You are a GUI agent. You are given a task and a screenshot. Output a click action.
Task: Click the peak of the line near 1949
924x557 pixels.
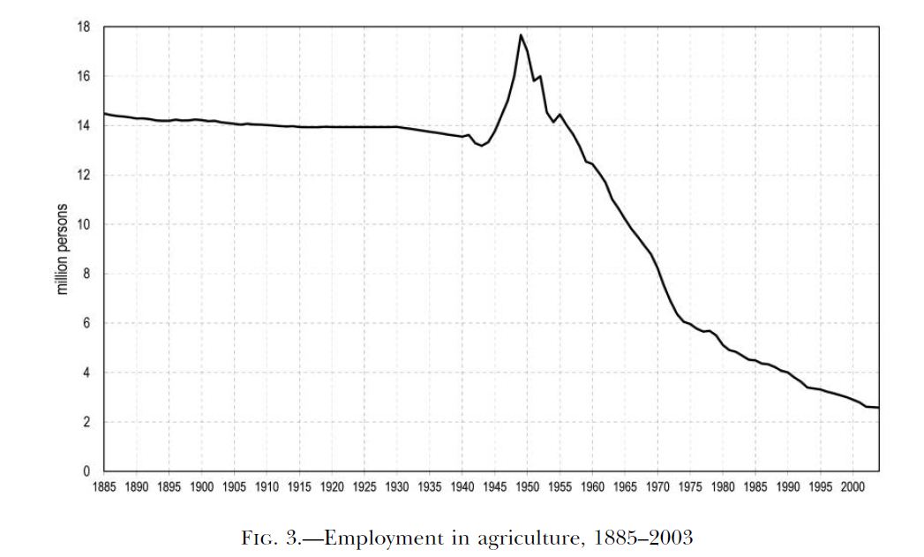click(521, 35)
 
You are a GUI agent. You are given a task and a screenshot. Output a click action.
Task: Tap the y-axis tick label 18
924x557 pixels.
click(85, 27)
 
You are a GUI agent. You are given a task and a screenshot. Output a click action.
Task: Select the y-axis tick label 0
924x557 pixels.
click(88, 471)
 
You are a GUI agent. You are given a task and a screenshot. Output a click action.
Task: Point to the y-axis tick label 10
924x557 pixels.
click(85, 225)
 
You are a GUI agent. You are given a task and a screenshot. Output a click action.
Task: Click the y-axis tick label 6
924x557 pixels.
click(88, 324)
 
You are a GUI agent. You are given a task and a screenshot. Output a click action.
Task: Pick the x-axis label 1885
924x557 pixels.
click(105, 486)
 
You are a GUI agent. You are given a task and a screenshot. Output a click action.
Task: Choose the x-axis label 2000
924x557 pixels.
click(853, 486)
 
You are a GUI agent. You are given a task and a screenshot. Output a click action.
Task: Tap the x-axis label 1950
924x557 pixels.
click(528, 486)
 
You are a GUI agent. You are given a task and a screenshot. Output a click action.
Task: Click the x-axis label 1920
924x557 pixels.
click(333, 486)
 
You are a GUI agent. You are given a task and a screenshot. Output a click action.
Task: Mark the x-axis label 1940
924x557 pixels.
click(462, 486)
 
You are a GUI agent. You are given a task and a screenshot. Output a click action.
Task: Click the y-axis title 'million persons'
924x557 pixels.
click(63, 250)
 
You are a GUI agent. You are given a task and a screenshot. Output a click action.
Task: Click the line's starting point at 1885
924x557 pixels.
click(105, 113)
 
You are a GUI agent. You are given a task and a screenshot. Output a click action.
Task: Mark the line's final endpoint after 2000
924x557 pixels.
click(878, 407)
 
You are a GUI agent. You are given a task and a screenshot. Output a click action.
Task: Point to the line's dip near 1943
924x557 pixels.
click(481, 145)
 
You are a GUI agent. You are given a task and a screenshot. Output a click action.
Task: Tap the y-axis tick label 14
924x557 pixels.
click(85, 126)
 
